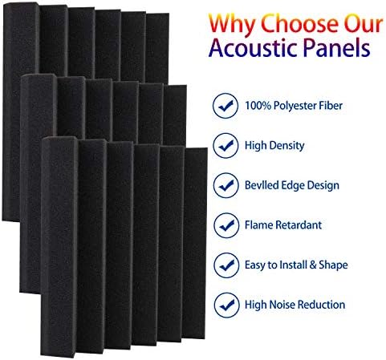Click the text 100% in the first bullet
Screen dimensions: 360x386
(x=257, y=104)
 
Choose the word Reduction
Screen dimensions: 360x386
(x=321, y=305)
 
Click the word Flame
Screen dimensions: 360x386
(x=258, y=225)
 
